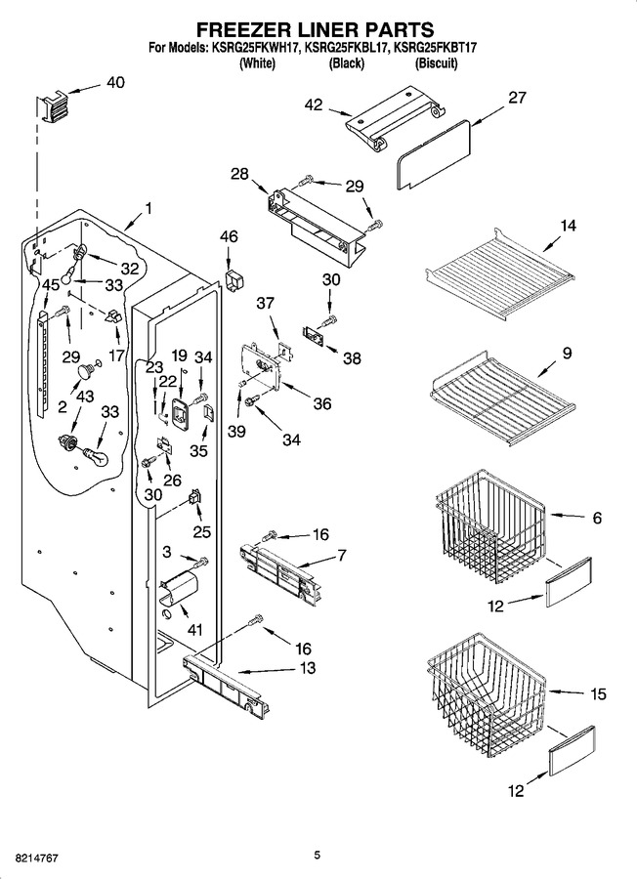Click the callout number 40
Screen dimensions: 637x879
115,82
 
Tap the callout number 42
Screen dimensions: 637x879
314,105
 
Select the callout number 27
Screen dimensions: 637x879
517,98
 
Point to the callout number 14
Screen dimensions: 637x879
568,226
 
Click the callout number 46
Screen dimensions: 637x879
229,236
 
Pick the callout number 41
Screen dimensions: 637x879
194,630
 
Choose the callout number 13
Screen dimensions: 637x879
308,668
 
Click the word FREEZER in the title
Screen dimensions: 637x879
239,29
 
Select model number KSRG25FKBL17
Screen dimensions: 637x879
347,48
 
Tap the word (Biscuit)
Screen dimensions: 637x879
437,63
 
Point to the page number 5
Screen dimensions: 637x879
318,855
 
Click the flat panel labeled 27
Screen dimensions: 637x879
434,153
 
